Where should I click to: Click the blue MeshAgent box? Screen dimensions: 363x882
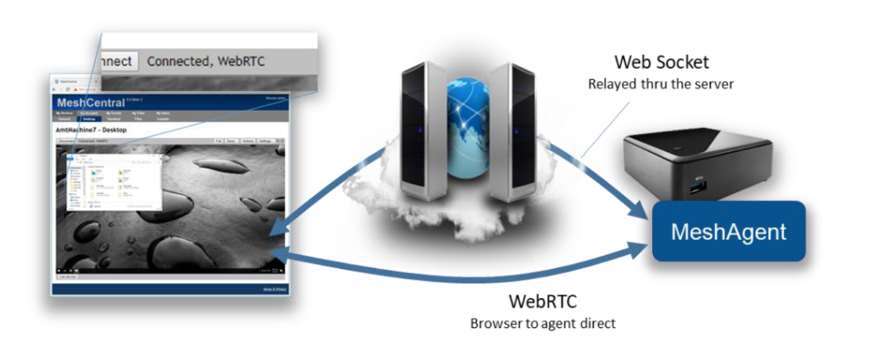[728, 231]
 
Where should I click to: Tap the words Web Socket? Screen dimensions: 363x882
[661, 62]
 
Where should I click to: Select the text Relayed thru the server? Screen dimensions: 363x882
[660, 84]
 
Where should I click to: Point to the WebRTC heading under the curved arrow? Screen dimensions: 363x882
[542, 301]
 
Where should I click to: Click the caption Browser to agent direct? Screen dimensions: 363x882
[543, 323]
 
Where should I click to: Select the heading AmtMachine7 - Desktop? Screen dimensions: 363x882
[91, 130]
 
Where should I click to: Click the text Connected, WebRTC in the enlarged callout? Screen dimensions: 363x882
[206, 61]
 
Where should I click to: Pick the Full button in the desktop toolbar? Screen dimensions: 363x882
[219, 141]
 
